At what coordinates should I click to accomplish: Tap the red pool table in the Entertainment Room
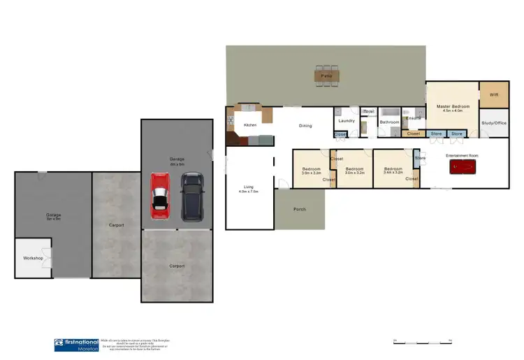pyautogui.click(x=462, y=168)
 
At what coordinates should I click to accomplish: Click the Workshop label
pyautogui.click(x=32, y=259)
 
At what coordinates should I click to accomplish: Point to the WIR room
pyautogui.click(x=493, y=95)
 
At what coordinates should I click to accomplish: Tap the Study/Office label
pyautogui.click(x=493, y=123)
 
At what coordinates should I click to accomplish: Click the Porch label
pyautogui.click(x=299, y=209)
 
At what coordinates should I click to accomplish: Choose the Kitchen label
pyautogui.click(x=249, y=125)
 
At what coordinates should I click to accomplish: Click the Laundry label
pyautogui.click(x=347, y=121)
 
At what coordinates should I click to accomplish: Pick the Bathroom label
pyautogui.click(x=389, y=122)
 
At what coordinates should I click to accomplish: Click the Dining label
pyautogui.click(x=305, y=126)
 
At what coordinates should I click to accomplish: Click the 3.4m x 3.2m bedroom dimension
pyautogui.click(x=393, y=172)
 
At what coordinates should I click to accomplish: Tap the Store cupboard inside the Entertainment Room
pyautogui.click(x=420, y=158)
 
